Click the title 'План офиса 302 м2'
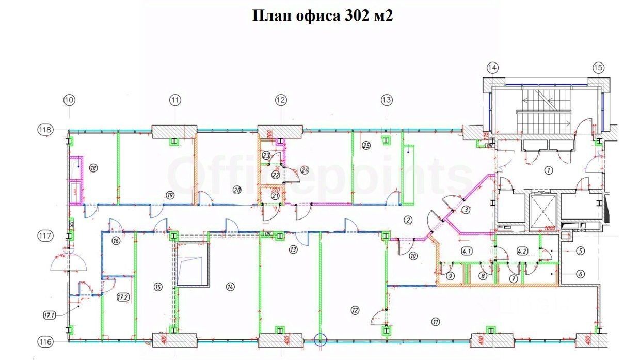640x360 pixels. tap(323, 16)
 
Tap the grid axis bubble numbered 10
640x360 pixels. tap(70, 100)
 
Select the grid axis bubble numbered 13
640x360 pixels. tap(387, 100)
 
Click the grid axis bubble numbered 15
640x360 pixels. tap(598, 67)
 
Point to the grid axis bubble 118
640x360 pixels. tap(46, 130)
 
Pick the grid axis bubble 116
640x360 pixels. tap(46, 341)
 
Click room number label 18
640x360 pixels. tap(93, 167)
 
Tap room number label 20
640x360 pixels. tap(237, 189)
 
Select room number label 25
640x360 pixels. tap(366, 146)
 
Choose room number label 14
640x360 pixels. tap(230, 286)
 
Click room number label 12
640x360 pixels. tap(354, 310)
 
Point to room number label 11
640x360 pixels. tap(436, 322)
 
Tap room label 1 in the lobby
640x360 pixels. tap(548, 169)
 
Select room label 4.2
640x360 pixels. tap(522, 252)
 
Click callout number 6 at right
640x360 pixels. tap(581, 274)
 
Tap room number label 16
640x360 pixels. tap(116, 241)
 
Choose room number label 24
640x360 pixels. tap(304, 169)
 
